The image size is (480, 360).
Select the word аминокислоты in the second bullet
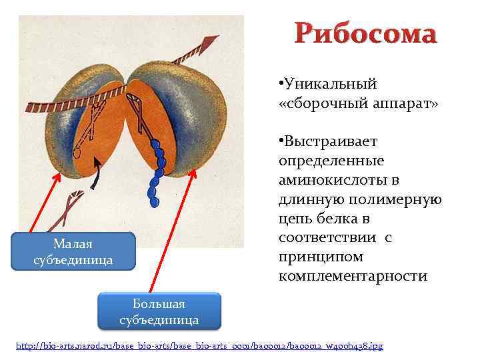326,181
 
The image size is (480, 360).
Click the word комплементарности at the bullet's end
353,276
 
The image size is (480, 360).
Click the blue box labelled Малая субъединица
73,251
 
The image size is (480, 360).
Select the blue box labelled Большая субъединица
159,312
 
